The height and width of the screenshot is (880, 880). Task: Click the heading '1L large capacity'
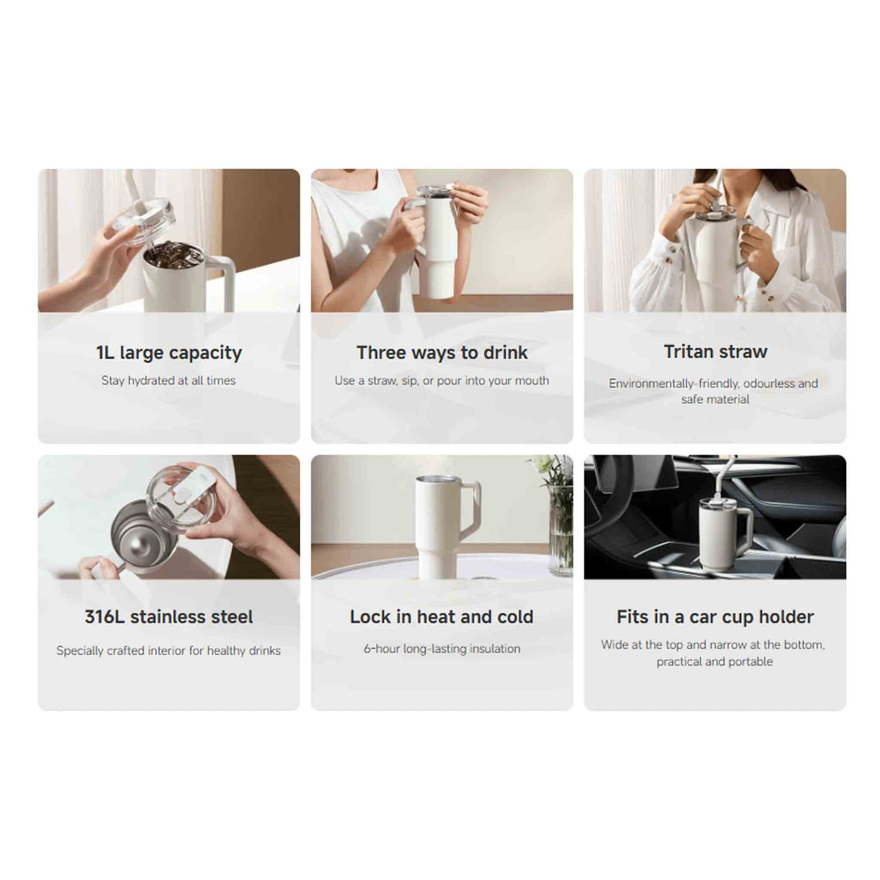coord(169,353)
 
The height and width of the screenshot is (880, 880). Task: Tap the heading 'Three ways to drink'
coord(441,353)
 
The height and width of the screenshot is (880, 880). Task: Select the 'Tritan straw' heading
coord(715,352)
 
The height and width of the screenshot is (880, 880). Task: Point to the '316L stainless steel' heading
coord(169,617)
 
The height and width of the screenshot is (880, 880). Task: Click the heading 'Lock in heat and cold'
coord(441,617)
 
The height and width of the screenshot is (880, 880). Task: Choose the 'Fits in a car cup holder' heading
coord(715,617)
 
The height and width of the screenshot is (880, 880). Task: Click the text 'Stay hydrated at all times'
coord(169,381)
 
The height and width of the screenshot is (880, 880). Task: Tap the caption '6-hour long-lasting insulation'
coord(441,649)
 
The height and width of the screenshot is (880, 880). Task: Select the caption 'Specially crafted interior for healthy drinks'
coord(169,651)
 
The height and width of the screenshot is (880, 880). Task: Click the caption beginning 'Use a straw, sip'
coord(441,381)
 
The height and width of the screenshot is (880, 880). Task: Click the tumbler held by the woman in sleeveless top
coord(439,246)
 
